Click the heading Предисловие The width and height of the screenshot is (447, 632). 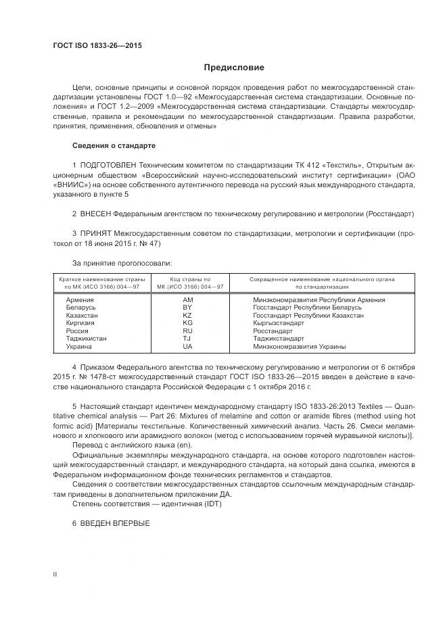pyautogui.click(x=234, y=68)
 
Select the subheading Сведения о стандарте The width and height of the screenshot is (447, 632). pyautogui.click(x=114, y=145)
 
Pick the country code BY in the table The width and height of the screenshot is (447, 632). pyautogui.click(x=187, y=307)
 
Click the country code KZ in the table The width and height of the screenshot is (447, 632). pyautogui.click(x=187, y=315)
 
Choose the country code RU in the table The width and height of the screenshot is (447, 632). pyautogui.click(x=187, y=331)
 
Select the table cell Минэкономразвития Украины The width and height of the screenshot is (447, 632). pyautogui.click(x=299, y=347)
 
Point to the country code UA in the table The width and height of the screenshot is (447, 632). pyautogui.click(x=187, y=347)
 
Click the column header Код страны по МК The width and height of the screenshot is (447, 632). pyautogui.click(x=189, y=283)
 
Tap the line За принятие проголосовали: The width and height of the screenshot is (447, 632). pyautogui.click(x=117, y=262)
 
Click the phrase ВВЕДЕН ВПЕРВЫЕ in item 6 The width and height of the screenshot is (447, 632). pyautogui.click(x=115, y=525)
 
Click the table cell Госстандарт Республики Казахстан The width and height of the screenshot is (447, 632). pyautogui.click(x=308, y=315)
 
